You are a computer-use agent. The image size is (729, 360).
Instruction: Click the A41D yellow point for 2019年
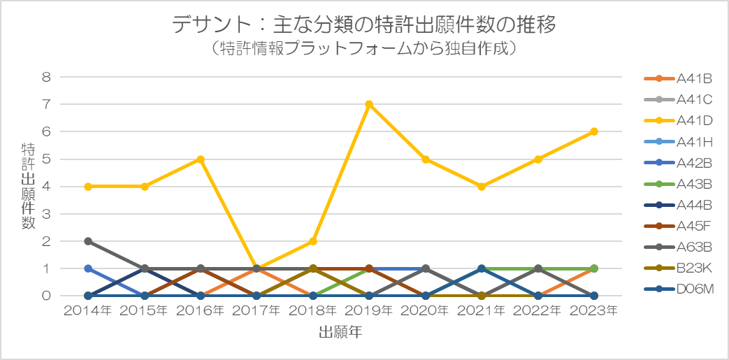tap(368, 104)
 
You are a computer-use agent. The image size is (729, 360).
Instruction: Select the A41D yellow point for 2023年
tap(593, 131)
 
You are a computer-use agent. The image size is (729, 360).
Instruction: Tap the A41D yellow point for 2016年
tap(201, 159)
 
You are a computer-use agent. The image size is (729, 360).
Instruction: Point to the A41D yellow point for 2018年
tap(313, 241)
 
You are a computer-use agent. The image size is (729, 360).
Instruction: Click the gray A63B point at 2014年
tap(88, 241)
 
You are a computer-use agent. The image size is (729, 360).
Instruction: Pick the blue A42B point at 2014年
tap(88, 268)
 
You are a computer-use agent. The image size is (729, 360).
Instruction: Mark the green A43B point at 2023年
tap(593, 268)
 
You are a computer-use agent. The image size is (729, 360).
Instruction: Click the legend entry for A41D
tap(678, 121)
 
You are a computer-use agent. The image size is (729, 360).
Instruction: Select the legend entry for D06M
tap(679, 289)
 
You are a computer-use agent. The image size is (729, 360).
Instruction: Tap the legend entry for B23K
tap(678, 268)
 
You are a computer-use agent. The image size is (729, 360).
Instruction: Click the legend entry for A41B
tap(678, 78)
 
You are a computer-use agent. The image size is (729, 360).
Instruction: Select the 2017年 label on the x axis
tap(257, 310)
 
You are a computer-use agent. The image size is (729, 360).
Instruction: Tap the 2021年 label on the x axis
tap(482, 310)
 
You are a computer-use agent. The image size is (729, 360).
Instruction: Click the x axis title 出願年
tap(341, 332)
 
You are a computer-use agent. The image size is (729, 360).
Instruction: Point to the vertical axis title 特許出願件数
tap(28, 185)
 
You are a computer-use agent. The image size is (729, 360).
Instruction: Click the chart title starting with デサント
tap(364, 25)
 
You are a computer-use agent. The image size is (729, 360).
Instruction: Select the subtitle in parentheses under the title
tap(364, 48)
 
